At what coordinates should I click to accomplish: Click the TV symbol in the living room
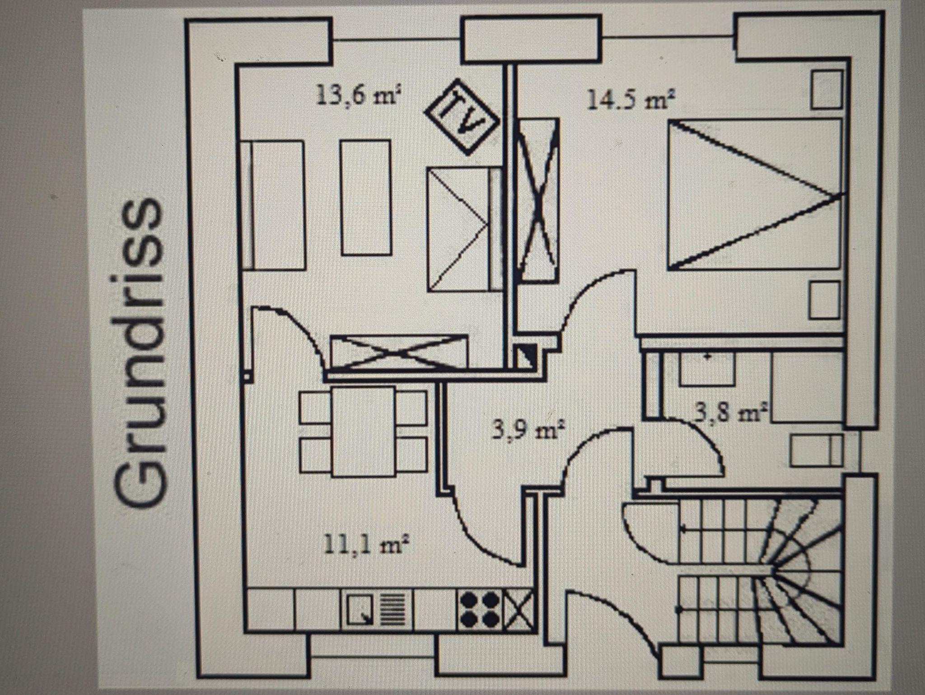[x=461, y=117]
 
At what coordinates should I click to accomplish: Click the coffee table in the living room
[x=366, y=197]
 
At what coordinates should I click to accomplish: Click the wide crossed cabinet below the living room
[x=399, y=352]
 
